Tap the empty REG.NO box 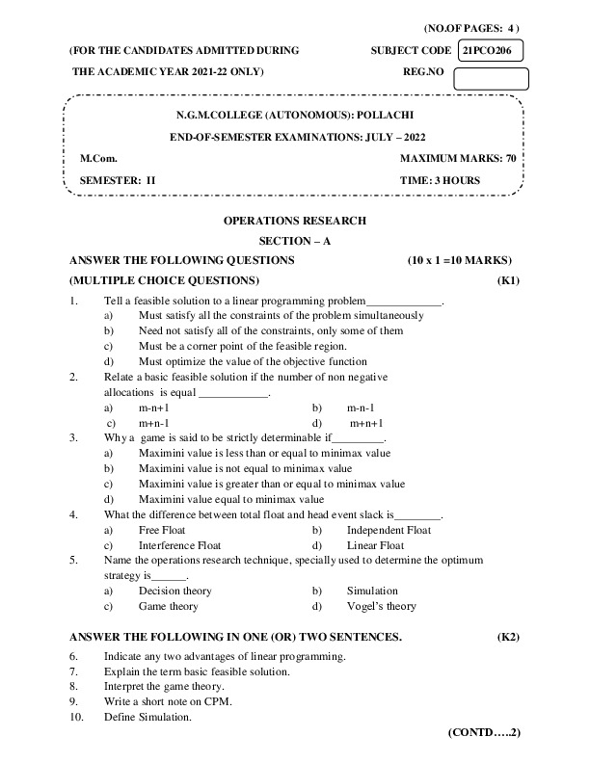pos(490,78)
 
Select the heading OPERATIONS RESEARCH pos(295,221)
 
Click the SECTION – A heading pos(295,241)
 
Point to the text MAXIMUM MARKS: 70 pos(457,158)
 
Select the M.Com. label pos(98,158)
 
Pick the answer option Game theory pos(169,606)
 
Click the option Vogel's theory pos(382,606)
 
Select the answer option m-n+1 pos(154,408)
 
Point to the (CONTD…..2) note pos(484,733)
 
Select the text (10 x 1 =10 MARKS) pos(460,260)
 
